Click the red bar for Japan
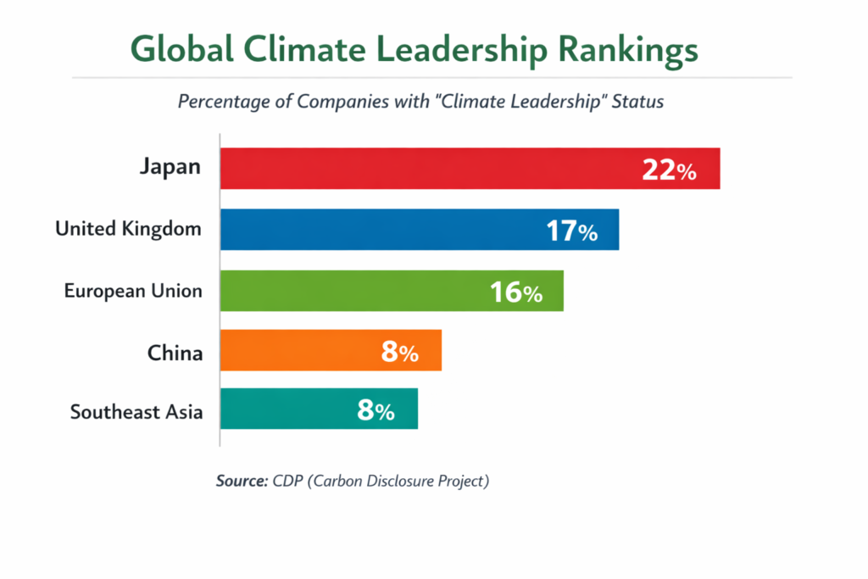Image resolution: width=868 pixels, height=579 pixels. [x=424, y=169]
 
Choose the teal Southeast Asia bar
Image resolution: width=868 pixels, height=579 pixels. [x=288, y=409]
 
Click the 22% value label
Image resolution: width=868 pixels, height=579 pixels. [x=669, y=170]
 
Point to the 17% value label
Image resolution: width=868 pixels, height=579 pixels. [x=571, y=231]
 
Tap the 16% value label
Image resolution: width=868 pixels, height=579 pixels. [x=515, y=292]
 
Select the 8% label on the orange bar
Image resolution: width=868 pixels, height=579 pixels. [x=399, y=352]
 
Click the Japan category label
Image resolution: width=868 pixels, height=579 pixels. [x=170, y=166]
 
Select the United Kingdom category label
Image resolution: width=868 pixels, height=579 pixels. [x=128, y=228]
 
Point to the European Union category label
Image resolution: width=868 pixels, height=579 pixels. [x=133, y=291]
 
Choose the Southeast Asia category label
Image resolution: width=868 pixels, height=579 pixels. [x=136, y=412]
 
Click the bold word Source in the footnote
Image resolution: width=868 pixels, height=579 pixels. [x=242, y=482]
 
